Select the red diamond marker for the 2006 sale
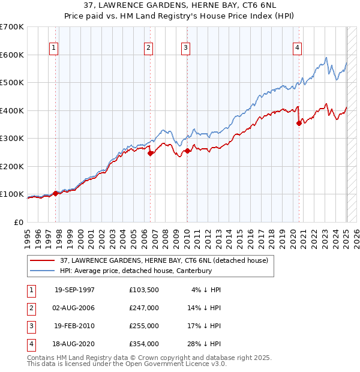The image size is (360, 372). point(151,153)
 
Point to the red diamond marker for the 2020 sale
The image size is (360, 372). point(299,123)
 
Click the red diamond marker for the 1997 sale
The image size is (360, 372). point(56,193)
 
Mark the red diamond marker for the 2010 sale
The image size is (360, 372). point(187,151)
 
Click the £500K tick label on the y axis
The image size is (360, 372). point(11,82)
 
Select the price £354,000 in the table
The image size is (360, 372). point(144,344)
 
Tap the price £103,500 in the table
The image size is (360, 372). point(144,290)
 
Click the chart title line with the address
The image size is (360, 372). point(181,7)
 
